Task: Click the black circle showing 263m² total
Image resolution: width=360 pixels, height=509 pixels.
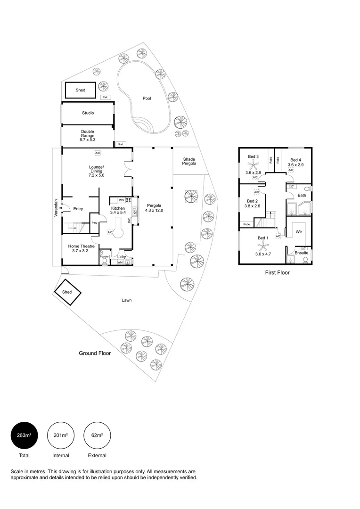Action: pyautogui.click(x=24, y=435)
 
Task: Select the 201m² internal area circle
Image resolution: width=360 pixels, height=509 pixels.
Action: pyautogui.click(x=61, y=435)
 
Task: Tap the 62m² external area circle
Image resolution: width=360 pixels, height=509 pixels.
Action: pyautogui.click(x=97, y=435)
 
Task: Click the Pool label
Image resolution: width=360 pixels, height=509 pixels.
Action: pyautogui.click(x=147, y=99)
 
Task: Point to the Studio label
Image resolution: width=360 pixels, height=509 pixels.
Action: pyautogui.click(x=88, y=113)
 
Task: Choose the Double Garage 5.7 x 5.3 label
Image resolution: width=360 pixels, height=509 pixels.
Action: pyautogui.click(x=88, y=136)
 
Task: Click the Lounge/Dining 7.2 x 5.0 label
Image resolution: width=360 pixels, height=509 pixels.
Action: pyautogui.click(x=96, y=171)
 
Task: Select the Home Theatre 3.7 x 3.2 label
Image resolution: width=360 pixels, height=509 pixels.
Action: pyautogui.click(x=81, y=248)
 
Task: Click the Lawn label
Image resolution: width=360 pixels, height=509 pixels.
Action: pyautogui.click(x=126, y=300)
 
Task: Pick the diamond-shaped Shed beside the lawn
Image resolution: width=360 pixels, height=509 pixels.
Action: pyautogui.click(x=68, y=293)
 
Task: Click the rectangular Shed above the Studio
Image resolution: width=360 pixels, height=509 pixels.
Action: pyautogui.click(x=81, y=90)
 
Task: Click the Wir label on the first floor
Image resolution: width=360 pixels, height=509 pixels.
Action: pyautogui.click(x=298, y=232)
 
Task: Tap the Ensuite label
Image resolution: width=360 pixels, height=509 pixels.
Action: pyautogui.click(x=301, y=253)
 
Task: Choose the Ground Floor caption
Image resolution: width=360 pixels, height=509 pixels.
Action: pyautogui.click(x=95, y=353)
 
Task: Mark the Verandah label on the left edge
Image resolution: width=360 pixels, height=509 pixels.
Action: pyautogui.click(x=56, y=208)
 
